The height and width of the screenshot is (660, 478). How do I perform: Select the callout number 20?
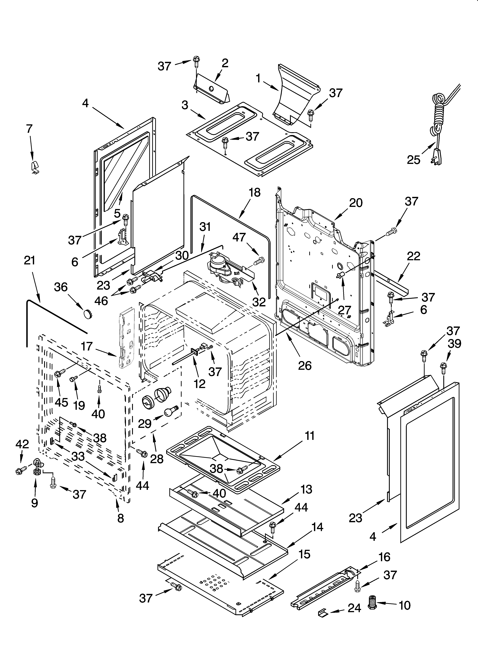[356, 203]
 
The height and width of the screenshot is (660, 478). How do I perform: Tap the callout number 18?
[255, 193]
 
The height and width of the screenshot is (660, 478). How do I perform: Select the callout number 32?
[259, 302]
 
